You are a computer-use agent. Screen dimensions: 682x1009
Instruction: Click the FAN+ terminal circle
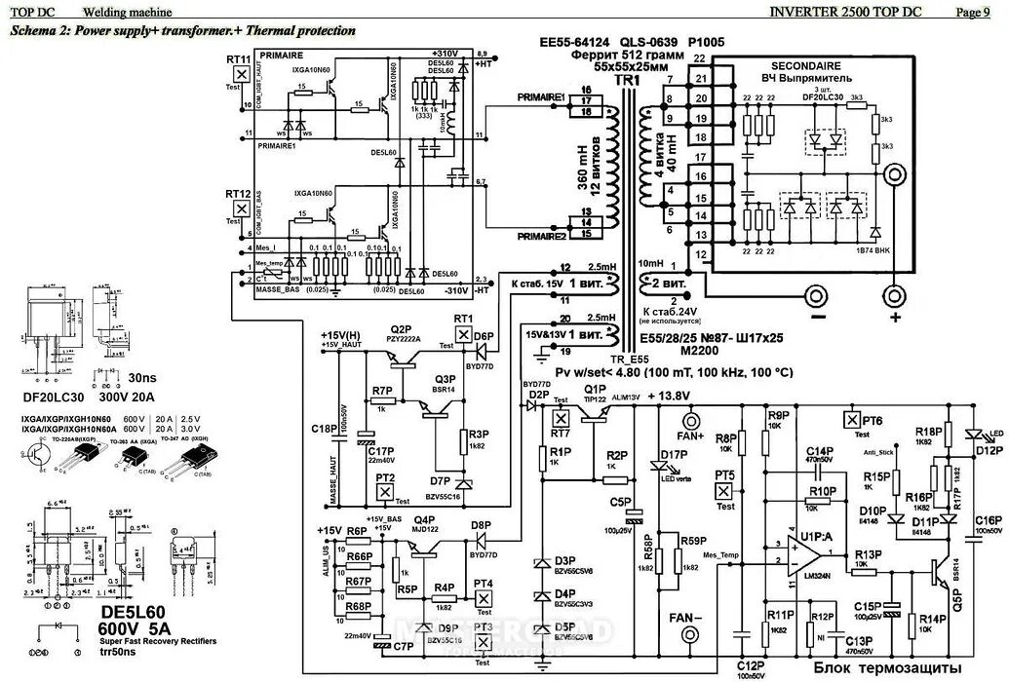tap(693, 421)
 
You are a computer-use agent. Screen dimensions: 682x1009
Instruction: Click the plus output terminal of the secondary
tap(892, 294)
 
